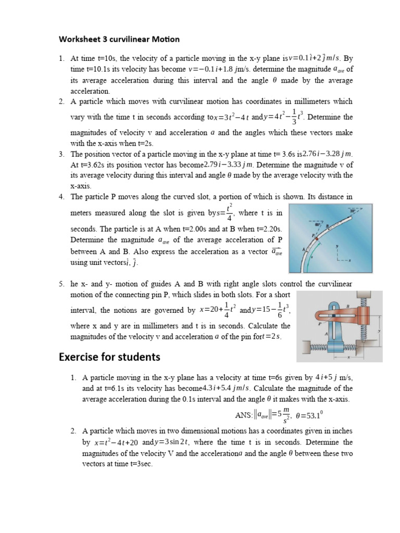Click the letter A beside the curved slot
click(x=304, y=249)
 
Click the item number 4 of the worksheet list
click(x=61, y=197)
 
